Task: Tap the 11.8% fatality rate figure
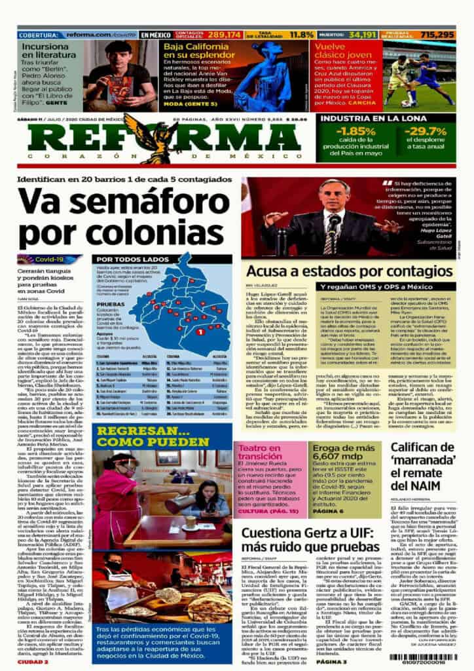coord(301,34)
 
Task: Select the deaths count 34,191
coord(363,34)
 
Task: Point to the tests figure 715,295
coord(437,34)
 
